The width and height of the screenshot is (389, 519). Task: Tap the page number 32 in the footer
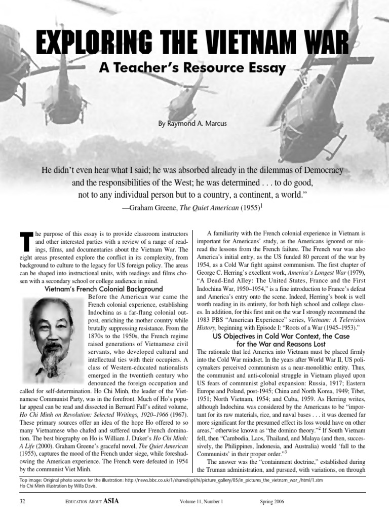pos(22,502)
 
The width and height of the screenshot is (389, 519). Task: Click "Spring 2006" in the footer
pos(270,502)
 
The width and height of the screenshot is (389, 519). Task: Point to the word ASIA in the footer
pos(111,501)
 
